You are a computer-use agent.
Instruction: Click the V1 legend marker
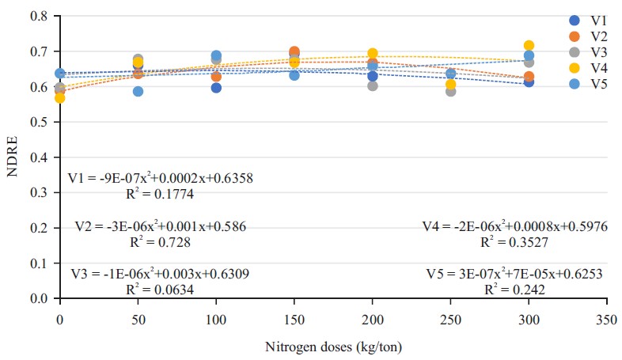pyautogui.click(x=575, y=21)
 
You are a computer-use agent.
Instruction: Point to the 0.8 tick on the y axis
pyautogui.click(x=38, y=17)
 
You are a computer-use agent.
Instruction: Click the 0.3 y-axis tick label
pyautogui.click(x=38, y=192)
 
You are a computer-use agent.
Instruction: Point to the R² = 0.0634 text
pyautogui.click(x=161, y=289)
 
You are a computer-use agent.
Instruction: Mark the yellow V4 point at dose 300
pyautogui.click(x=529, y=46)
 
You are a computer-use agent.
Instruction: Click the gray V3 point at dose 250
pyautogui.click(x=450, y=91)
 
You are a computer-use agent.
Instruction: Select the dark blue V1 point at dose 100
pyautogui.click(x=216, y=88)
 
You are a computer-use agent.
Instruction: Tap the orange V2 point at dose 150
pyautogui.click(x=294, y=52)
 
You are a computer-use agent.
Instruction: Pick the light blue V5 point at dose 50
pyautogui.click(x=138, y=91)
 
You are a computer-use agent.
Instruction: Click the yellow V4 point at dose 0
pyautogui.click(x=59, y=98)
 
